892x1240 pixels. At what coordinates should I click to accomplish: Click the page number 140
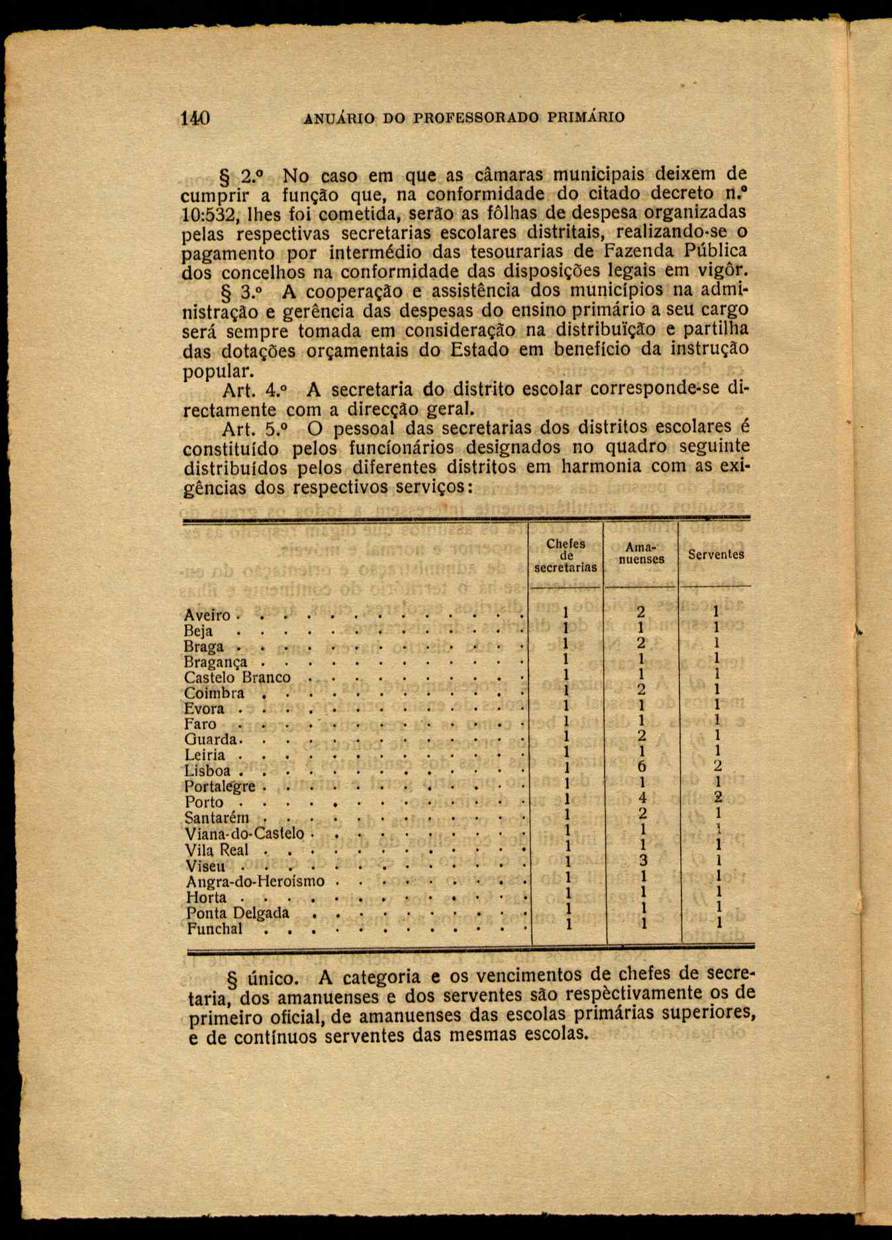[195, 119]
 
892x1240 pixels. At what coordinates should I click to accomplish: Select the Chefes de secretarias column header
[566, 555]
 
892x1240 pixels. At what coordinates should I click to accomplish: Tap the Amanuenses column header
[640, 553]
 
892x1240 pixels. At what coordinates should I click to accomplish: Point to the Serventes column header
[716, 555]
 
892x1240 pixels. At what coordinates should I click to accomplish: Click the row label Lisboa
[207, 771]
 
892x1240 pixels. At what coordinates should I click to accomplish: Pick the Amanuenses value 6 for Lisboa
[641, 767]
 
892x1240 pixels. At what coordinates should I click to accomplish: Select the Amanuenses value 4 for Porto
[642, 798]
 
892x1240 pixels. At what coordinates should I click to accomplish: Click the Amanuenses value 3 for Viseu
[642, 860]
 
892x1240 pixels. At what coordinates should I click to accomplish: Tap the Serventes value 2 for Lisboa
[718, 767]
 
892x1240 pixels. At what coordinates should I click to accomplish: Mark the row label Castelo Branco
[237, 677]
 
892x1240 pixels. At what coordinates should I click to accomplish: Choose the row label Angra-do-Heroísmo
[255, 881]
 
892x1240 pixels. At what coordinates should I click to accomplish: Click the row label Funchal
[214, 928]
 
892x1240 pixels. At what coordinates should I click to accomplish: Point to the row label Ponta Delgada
[238, 913]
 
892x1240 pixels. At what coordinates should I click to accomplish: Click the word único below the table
[273, 977]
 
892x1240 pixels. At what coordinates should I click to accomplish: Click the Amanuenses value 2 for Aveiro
[640, 612]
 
